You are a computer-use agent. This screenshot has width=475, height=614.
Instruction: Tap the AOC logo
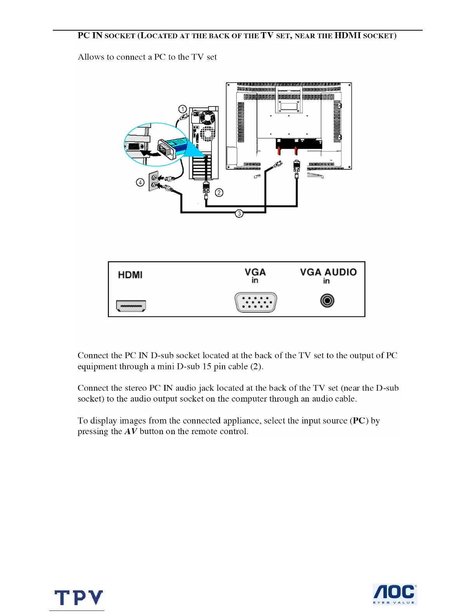(x=394, y=594)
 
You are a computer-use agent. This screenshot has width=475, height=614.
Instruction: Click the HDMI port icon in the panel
(x=131, y=306)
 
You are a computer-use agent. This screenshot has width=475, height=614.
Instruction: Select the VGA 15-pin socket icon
(x=256, y=302)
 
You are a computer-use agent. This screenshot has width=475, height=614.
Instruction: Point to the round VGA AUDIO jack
(x=327, y=301)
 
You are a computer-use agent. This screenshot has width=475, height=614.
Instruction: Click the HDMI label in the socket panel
(x=130, y=275)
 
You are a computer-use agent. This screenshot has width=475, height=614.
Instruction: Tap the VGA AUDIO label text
(x=328, y=272)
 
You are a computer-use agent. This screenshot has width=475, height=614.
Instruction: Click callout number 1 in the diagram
(x=182, y=109)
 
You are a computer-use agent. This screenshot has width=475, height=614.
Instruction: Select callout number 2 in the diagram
(x=219, y=192)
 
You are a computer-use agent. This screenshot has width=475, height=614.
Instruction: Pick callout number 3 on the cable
(x=239, y=213)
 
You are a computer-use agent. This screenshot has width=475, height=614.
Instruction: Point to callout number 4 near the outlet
(x=140, y=182)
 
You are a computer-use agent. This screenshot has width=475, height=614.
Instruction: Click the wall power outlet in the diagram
(x=154, y=181)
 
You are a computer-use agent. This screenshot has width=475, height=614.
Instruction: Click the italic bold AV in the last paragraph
(x=131, y=431)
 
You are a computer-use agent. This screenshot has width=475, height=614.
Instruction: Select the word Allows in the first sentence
(x=91, y=57)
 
